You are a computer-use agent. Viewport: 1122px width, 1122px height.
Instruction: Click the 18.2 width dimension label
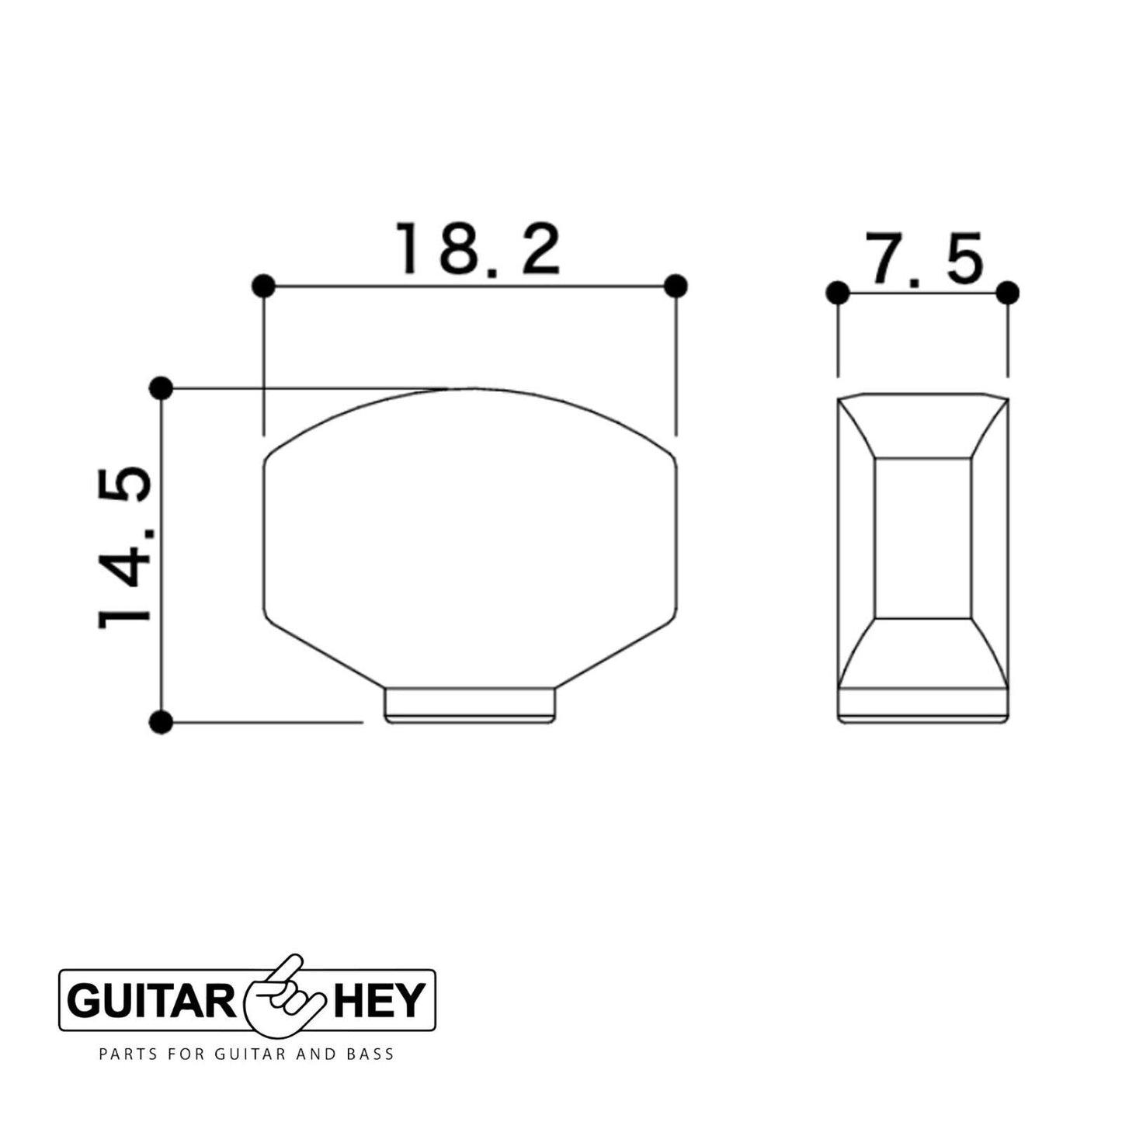[x=478, y=249]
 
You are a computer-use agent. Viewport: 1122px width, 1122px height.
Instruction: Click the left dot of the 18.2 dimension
[x=264, y=286]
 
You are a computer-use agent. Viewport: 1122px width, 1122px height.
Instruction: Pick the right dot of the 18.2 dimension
[x=676, y=286]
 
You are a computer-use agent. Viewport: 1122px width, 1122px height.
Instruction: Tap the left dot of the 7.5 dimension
[x=838, y=293]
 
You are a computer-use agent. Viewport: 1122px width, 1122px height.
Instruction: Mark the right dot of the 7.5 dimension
[x=1008, y=293]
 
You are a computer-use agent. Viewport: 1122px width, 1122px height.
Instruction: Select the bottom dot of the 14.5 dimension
[x=161, y=722]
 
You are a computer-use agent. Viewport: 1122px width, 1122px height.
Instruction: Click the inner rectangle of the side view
[x=923, y=538]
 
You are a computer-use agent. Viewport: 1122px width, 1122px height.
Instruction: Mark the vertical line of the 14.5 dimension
[x=161, y=554]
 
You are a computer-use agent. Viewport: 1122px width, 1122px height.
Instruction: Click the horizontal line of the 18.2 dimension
[x=471, y=286]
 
